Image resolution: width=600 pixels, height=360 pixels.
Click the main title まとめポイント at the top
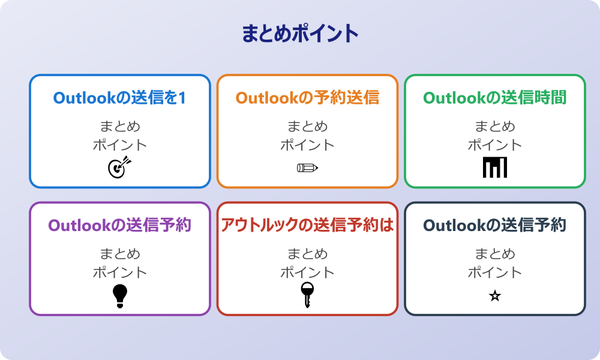300,34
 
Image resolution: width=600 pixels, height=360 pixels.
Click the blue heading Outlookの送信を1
119,98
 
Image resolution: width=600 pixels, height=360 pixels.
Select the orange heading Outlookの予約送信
307,98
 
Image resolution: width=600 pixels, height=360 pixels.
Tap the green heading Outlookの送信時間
495,98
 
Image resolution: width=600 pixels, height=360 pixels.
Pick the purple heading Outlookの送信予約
119,226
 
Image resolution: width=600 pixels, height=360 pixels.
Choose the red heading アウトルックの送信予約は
307,226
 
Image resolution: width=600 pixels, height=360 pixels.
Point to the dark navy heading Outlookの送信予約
495,226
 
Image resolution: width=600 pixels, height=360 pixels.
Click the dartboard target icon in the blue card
119,167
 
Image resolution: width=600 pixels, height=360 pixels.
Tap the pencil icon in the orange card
307,168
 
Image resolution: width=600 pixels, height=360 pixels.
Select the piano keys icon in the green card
495,167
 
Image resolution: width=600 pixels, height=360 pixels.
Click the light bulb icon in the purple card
120,296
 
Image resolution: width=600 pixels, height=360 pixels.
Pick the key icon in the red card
307,295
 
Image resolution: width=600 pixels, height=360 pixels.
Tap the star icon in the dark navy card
495,296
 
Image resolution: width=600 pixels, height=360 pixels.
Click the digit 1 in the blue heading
181,98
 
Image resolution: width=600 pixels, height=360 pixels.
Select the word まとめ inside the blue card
119,127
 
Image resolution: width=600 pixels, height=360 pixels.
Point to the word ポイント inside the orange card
307,145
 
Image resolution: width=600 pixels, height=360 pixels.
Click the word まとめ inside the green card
495,127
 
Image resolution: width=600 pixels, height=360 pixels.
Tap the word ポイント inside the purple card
119,272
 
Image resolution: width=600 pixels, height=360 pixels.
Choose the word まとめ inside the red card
307,254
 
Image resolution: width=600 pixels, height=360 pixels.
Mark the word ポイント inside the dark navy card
495,272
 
